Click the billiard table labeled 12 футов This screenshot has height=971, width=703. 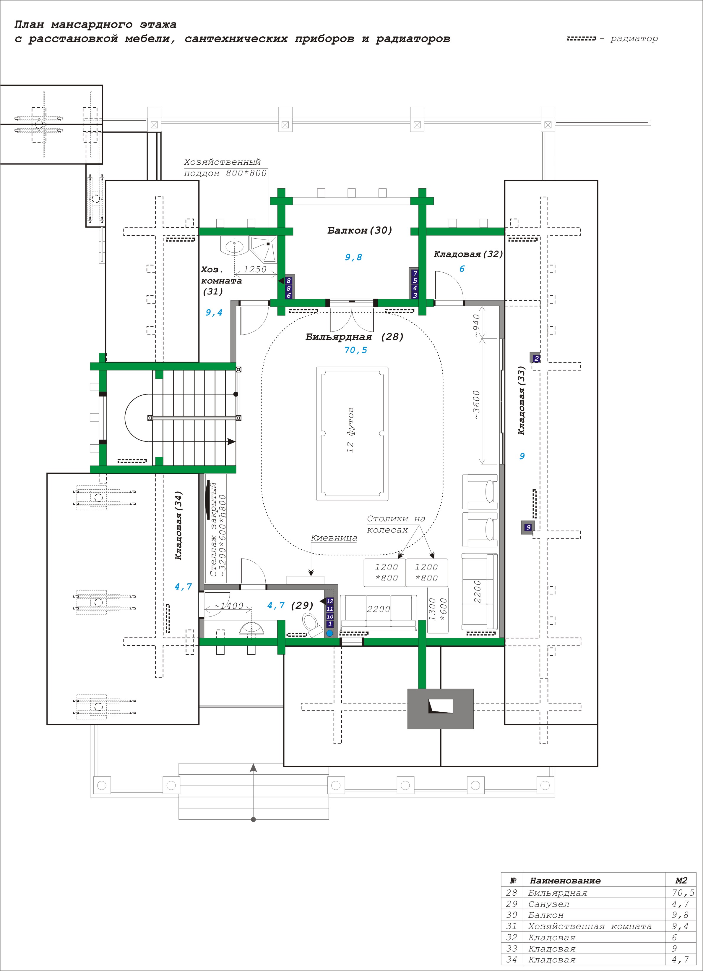pyautogui.click(x=352, y=433)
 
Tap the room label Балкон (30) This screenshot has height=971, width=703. pyautogui.click(x=359, y=230)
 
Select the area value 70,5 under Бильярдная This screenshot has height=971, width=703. pyautogui.click(x=355, y=350)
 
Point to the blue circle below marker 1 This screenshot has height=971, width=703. pyautogui.click(x=330, y=633)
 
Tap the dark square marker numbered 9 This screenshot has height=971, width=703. pyautogui.click(x=528, y=527)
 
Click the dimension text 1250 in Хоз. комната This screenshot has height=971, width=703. pyautogui.click(x=255, y=269)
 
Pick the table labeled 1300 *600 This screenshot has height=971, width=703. pyautogui.click(x=438, y=610)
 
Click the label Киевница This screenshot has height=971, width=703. pyautogui.click(x=334, y=538)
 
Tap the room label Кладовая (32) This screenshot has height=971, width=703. pyautogui.click(x=468, y=254)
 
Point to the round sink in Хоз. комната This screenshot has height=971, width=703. pyautogui.click(x=234, y=246)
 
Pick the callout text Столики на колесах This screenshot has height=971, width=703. pyautogui.click(x=396, y=524)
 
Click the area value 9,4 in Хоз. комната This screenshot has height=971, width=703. pyautogui.click(x=214, y=313)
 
